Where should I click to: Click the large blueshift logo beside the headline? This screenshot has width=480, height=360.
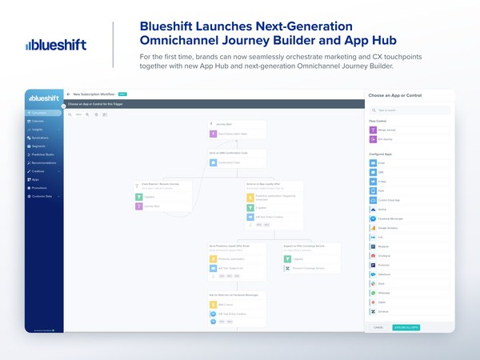(55, 45)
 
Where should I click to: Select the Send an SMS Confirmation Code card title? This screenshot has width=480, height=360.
(229, 152)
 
